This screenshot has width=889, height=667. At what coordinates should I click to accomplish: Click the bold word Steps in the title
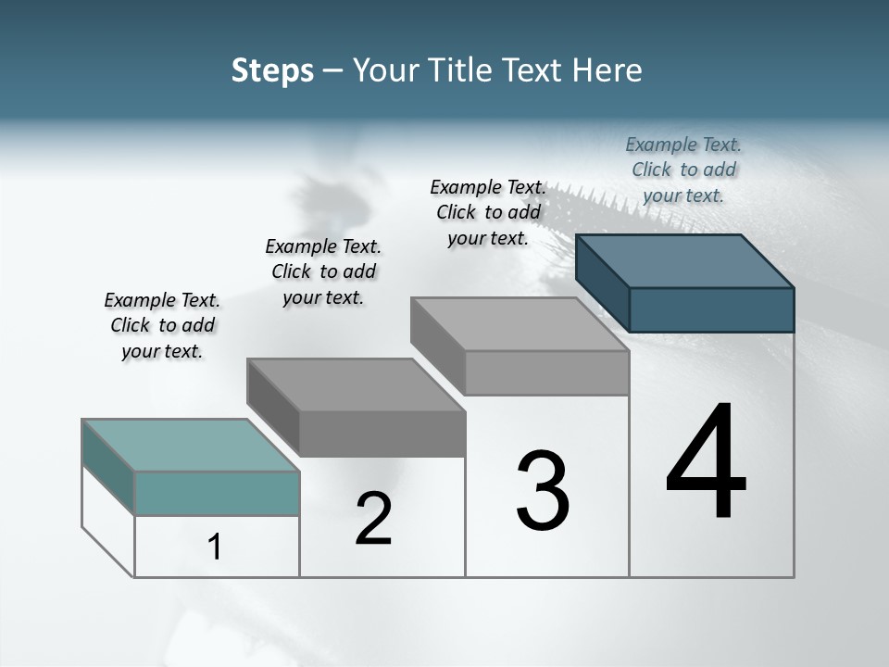click(272, 70)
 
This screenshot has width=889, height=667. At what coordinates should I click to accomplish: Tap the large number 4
click(706, 463)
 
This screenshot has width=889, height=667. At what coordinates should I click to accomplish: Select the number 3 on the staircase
click(543, 491)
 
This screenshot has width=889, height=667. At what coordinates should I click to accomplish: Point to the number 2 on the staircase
click(374, 519)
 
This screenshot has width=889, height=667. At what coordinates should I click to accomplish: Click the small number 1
click(215, 547)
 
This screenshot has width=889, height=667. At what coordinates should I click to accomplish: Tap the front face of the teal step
click(217, 493)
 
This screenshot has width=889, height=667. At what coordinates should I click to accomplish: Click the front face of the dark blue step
click(711, 309)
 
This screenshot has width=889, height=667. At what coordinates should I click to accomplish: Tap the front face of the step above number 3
click(546, 372)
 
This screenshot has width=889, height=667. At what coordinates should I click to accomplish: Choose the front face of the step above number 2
click(382, 434)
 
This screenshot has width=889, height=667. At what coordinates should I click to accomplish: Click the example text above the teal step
click(162, 325)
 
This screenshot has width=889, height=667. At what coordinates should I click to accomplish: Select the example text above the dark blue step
click(683, 170)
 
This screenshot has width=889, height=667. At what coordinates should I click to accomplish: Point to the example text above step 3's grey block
click(488, 212)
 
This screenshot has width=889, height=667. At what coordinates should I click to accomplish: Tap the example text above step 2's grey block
click(323, 271)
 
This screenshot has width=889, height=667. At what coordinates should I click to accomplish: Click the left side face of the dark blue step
click(602, 283)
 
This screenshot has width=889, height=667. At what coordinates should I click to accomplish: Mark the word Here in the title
click(607, 70)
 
